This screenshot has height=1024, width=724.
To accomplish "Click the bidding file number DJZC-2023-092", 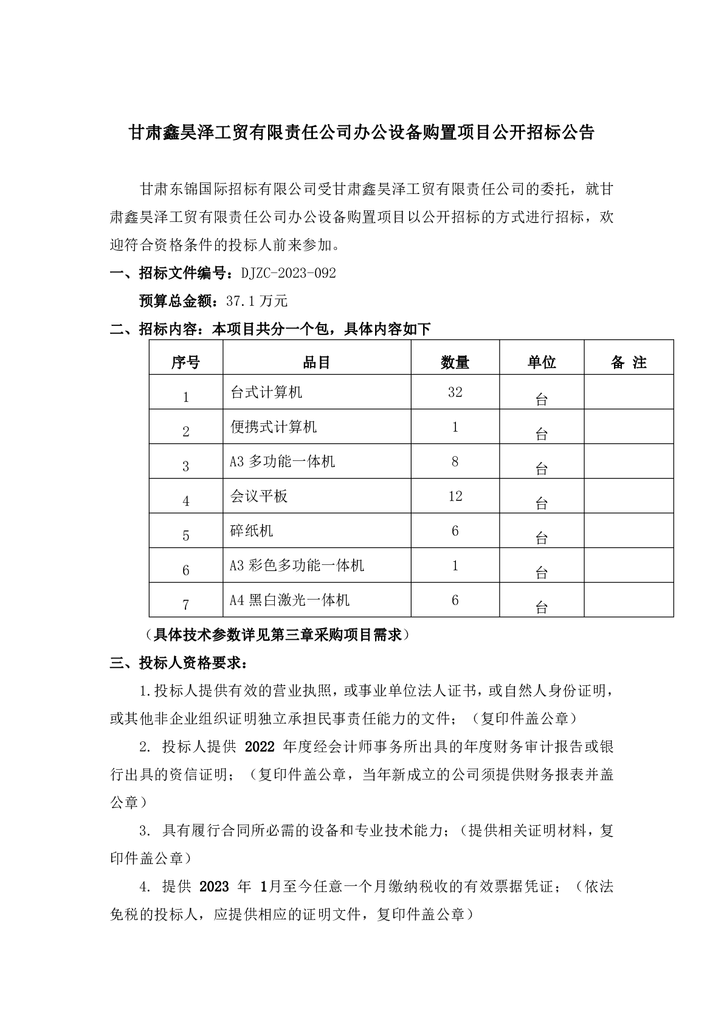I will click(x=288, y=274).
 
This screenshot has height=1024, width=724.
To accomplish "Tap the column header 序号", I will click(x=185, y=363).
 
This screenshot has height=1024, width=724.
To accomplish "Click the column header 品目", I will click(x=316, y=363).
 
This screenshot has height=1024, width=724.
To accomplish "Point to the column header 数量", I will click(x=455, y=363).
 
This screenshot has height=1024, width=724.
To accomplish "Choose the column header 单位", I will click(x=541, y=363).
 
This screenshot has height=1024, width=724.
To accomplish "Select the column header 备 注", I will click(x=629, y=363).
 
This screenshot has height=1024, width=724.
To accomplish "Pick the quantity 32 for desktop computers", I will click(x=455, y=393).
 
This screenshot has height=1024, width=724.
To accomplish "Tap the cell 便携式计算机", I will click(x=274, y=427).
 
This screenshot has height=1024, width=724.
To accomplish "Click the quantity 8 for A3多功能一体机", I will click(x=455, y=462).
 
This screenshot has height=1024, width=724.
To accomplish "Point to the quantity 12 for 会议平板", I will click(x=455, y=496).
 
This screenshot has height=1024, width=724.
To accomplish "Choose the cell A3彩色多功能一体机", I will click(x=297, y=566).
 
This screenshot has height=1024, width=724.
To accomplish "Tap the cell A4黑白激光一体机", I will click(x=289, y=601).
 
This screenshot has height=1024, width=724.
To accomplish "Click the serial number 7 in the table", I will click(x=185, y=605).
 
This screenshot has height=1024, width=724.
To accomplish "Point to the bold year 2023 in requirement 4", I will click(x=214, y=887).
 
